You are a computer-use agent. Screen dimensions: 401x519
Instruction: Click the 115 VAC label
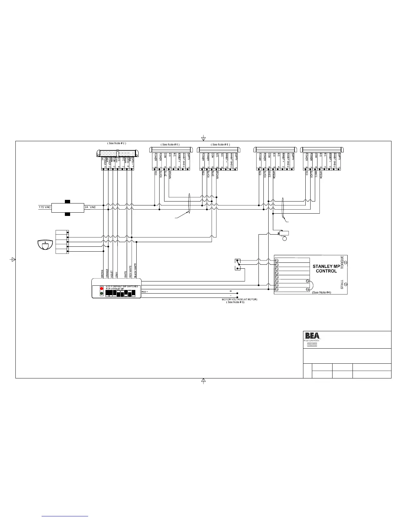[44, 207]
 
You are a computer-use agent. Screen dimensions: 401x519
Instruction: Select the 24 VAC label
[90, 207]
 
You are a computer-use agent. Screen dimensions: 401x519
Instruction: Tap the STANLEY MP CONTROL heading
[326, 269]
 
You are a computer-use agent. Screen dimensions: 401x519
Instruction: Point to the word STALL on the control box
[342, 284]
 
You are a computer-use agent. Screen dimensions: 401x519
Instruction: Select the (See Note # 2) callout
[117, 143]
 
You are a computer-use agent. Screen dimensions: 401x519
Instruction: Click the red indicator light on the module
[102, 289]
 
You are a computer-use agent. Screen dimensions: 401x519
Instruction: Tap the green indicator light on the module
[102, 294]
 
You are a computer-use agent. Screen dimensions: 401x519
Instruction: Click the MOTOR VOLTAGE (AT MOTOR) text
[240, 299]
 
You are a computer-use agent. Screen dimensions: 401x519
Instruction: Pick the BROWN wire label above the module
[103, 274]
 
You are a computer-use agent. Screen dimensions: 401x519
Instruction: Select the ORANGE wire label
[107, 274]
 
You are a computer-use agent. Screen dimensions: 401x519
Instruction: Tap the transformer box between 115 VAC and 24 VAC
[67, 208]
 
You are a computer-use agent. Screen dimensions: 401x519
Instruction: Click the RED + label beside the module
[145, 291]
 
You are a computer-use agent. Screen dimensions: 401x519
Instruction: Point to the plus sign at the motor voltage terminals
[231, 291]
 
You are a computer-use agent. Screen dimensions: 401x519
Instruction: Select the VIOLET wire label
[112, 274]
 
